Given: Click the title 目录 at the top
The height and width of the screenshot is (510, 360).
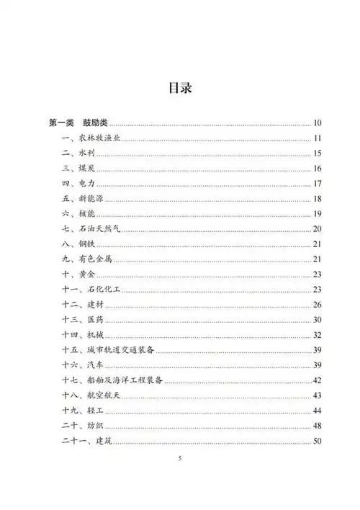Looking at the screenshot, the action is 179,89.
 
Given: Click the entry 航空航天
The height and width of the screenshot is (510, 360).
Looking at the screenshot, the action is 99,395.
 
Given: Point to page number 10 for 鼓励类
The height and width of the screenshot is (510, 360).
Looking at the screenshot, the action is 318,123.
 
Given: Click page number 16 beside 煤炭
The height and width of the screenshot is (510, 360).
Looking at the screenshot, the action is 318,169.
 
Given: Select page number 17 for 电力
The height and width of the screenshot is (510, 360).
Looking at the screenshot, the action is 318,184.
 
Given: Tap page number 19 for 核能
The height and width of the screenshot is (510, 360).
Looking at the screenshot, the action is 318,214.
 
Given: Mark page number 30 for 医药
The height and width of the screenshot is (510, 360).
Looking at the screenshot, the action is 318,320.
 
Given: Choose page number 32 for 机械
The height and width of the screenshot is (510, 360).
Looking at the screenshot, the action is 318,335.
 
